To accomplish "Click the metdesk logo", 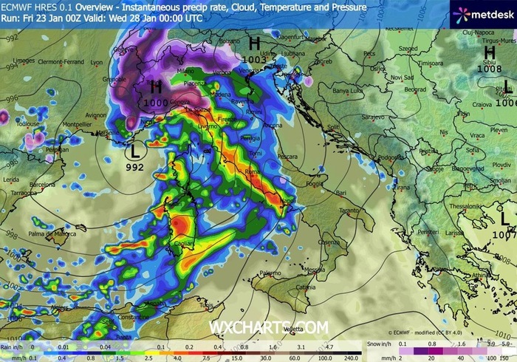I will (x=479, y=13).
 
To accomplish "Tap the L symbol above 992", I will (x=134, y=152).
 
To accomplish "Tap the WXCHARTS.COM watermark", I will (x=269, y=327).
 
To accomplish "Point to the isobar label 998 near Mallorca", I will (x=10, y=234).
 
